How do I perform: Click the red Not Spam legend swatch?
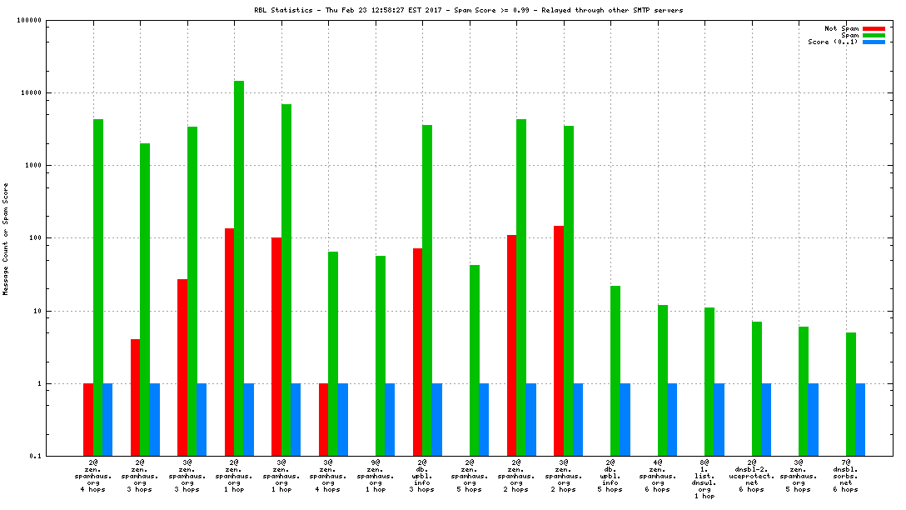874,28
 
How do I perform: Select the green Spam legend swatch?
874,35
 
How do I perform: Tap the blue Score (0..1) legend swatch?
874,42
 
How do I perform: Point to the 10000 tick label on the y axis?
30,93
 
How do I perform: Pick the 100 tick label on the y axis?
33,238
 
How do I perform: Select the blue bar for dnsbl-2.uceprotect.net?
766,420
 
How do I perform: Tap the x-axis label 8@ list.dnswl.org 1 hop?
704,478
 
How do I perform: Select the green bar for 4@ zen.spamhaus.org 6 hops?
663,380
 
